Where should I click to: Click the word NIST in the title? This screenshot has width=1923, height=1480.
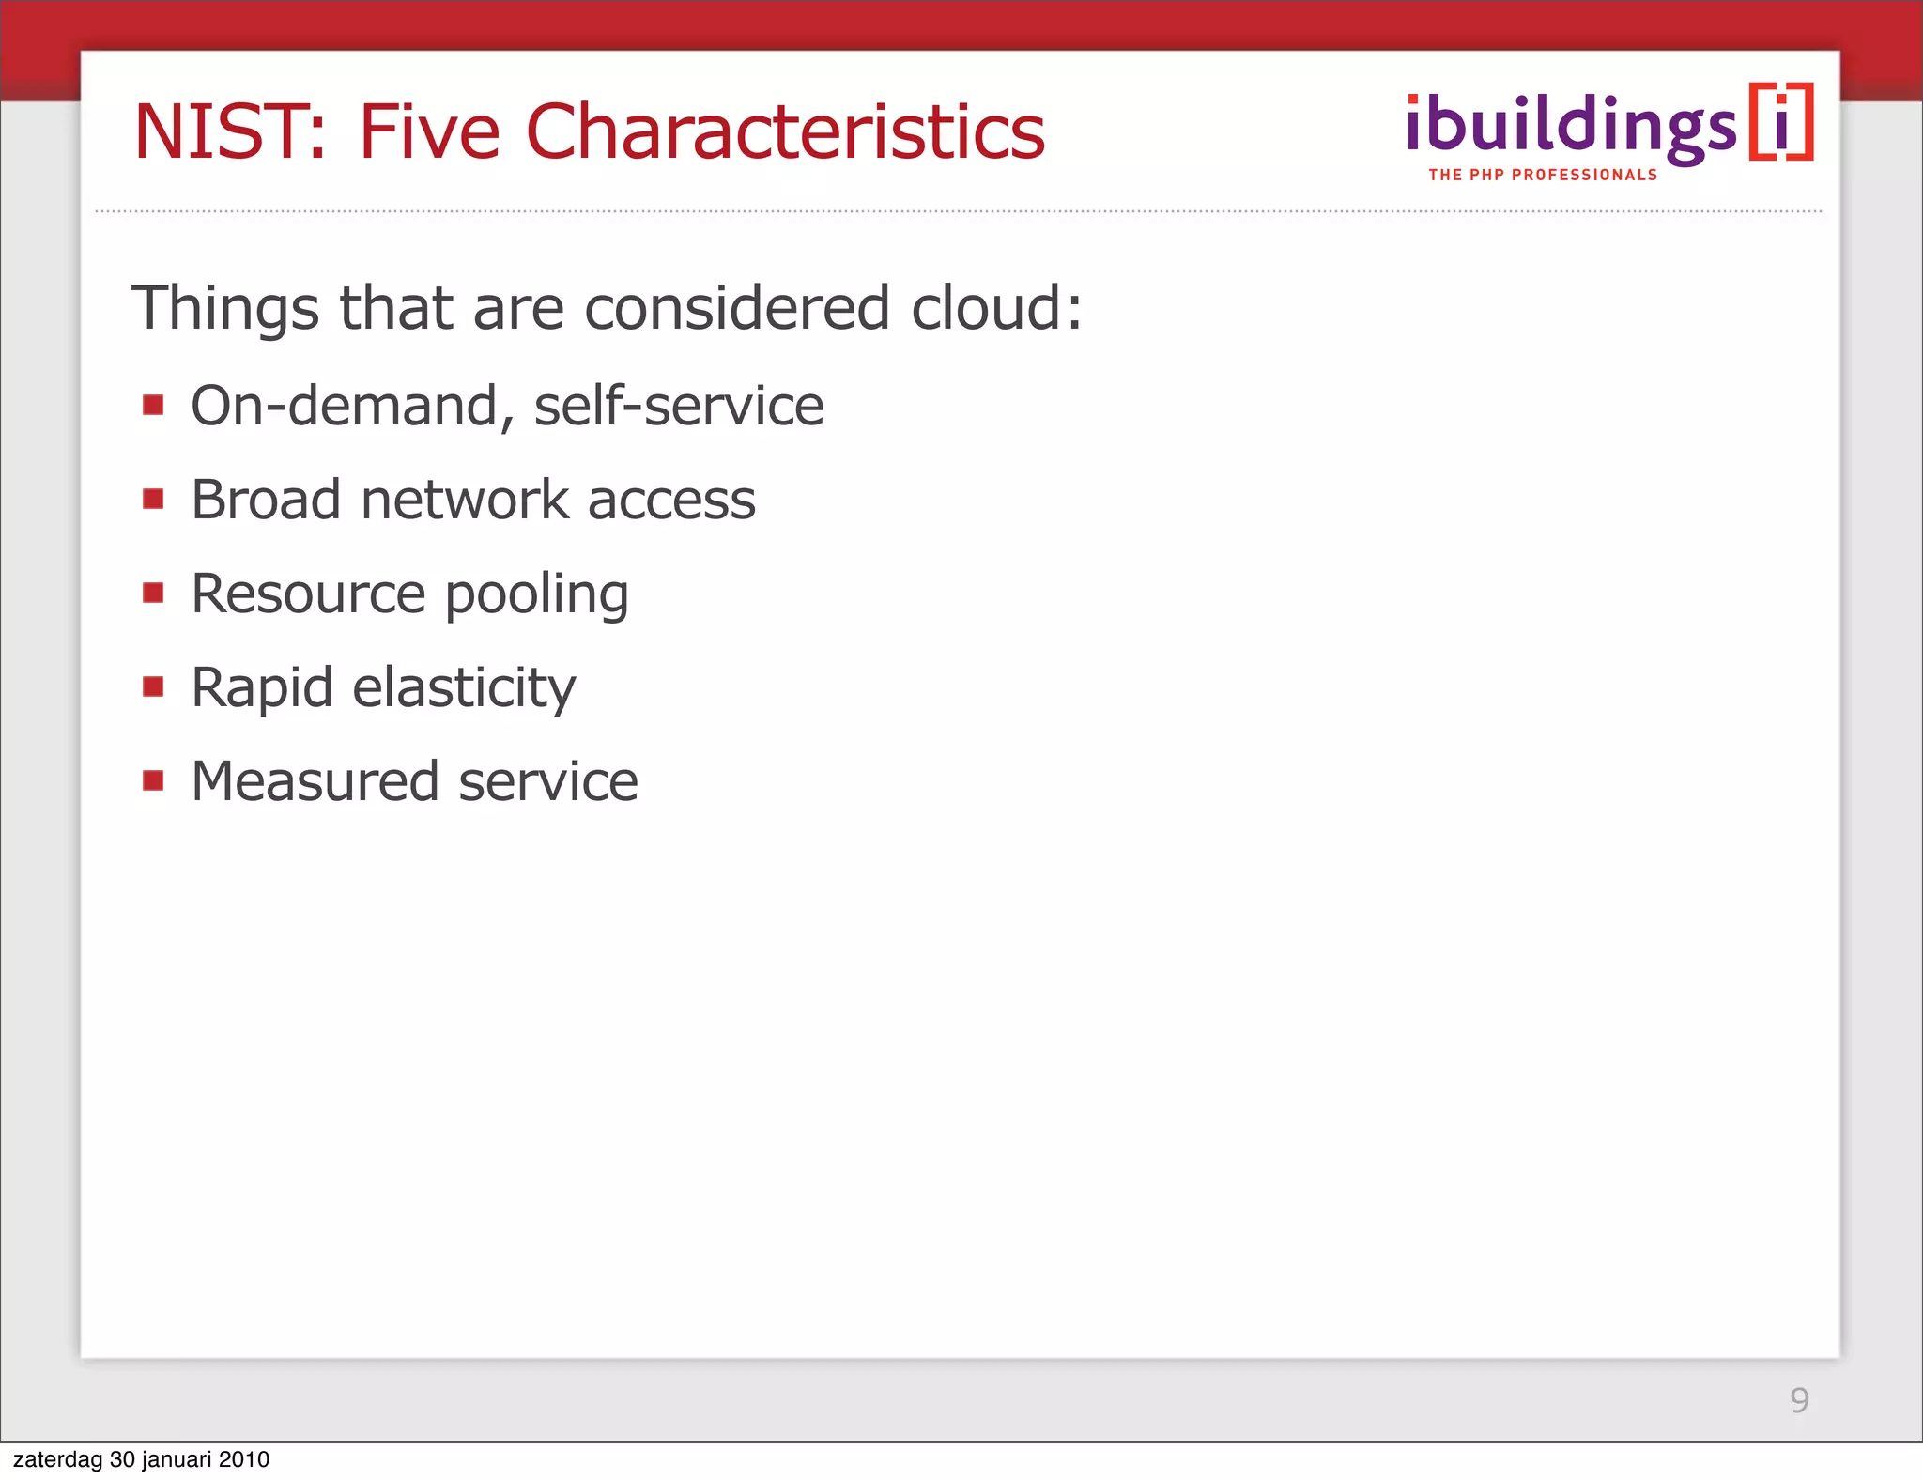pos(229,131)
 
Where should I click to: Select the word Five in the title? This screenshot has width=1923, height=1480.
pos(429,131)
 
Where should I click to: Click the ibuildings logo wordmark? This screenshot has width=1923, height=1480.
pos(1571,127)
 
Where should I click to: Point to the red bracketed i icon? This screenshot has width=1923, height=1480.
pos(1781,122)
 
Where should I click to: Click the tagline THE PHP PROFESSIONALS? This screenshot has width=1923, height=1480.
pos(1543,175)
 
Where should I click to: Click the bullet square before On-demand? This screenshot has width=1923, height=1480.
pos(153,405)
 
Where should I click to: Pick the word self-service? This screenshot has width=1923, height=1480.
pos(678,406)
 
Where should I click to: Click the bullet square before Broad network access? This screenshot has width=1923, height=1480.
pos(153,499)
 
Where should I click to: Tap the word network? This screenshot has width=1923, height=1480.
pos(465,500)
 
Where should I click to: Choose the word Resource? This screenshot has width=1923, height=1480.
pos(308,594)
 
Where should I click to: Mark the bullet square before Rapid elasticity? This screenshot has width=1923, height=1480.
pos(153,686)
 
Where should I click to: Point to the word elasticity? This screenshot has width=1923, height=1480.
pos(464,688)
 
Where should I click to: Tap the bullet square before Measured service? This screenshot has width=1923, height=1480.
pos(153,780)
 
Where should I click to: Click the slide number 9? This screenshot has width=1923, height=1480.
pos(1799,1400)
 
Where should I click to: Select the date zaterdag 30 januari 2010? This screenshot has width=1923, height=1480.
pos(141,1459)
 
